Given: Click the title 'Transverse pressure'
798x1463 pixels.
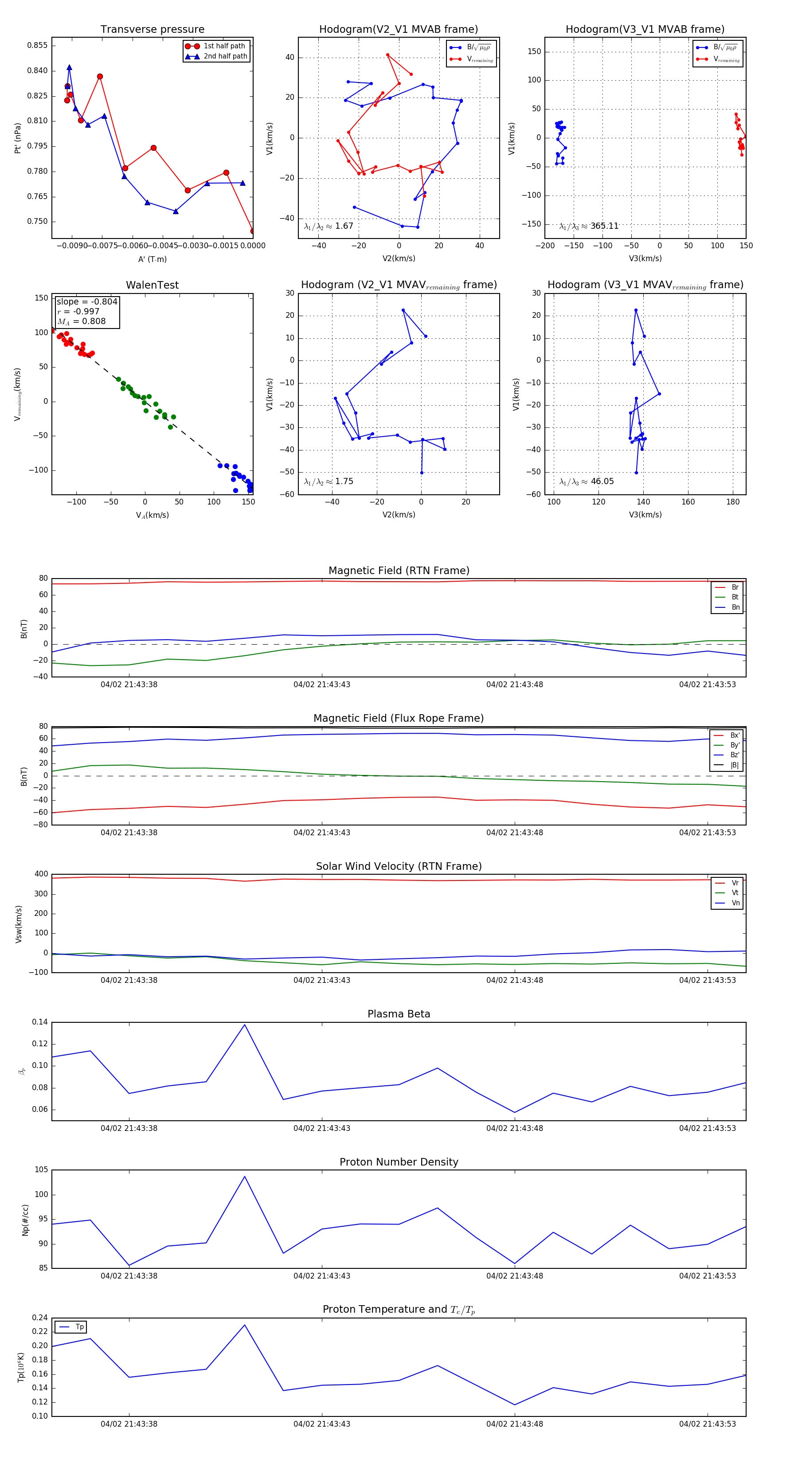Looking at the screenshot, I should click(152, 30).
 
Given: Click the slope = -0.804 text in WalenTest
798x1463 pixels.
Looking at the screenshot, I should click(87, 301).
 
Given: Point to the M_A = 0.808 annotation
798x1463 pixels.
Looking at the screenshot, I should click(81, 321).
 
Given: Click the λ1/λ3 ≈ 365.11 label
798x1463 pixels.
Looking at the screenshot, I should click(589, 226).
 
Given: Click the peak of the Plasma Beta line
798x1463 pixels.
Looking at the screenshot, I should click(245, 1025).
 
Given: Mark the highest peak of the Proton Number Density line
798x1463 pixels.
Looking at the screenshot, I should click(245, 1176).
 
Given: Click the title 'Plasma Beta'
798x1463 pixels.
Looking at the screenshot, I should click(399, 1014).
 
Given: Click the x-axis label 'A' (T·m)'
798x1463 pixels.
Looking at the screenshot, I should click(152, 259).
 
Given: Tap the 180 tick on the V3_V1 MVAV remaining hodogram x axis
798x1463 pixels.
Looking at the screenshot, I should click(733, 502).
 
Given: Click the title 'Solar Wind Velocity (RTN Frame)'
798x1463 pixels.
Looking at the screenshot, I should click(399, 866).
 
